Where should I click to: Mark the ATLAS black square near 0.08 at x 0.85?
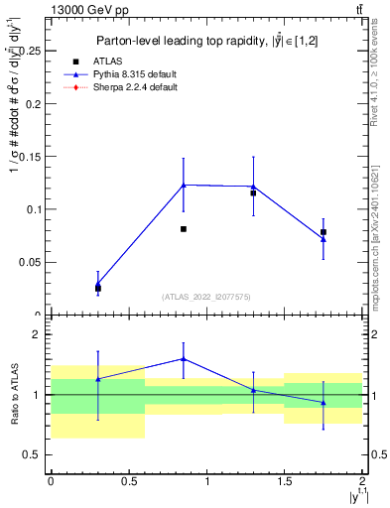[184, 229]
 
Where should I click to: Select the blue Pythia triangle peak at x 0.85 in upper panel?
[184, 185]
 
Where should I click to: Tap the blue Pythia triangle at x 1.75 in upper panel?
[324, 239]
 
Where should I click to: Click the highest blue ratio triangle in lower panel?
[184, 359]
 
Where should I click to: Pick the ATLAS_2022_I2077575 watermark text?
[206, 297]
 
